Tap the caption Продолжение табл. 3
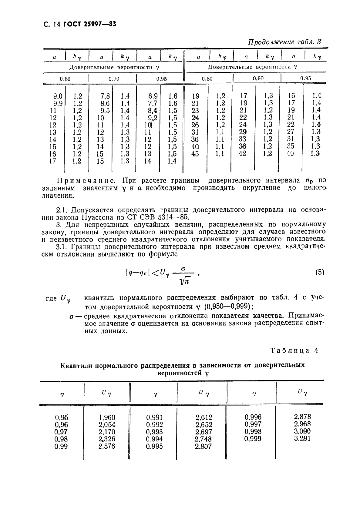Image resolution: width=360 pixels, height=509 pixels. pyautogui.click(x=284, y=42)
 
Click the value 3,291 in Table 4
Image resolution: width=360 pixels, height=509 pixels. pyautogui.click(x=302, y=439)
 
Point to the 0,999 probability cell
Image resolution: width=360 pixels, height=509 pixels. pyautogui.click(x=253, y=439)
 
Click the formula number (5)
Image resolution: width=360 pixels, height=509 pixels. pyautogui.click(x=320, y=272)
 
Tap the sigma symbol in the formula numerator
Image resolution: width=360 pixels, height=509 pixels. pyautogui.click(x=183, y=269)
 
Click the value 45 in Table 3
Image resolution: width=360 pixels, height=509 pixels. pyautogui.click(x=196, y=154)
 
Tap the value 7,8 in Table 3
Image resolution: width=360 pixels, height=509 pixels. pyautogui.click(x=105, y=96)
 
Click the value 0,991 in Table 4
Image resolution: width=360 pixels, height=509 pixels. pyautogui.click(x=154, y=417)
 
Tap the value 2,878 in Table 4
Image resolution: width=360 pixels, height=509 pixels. pyautogui.click(x=302, y=417)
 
